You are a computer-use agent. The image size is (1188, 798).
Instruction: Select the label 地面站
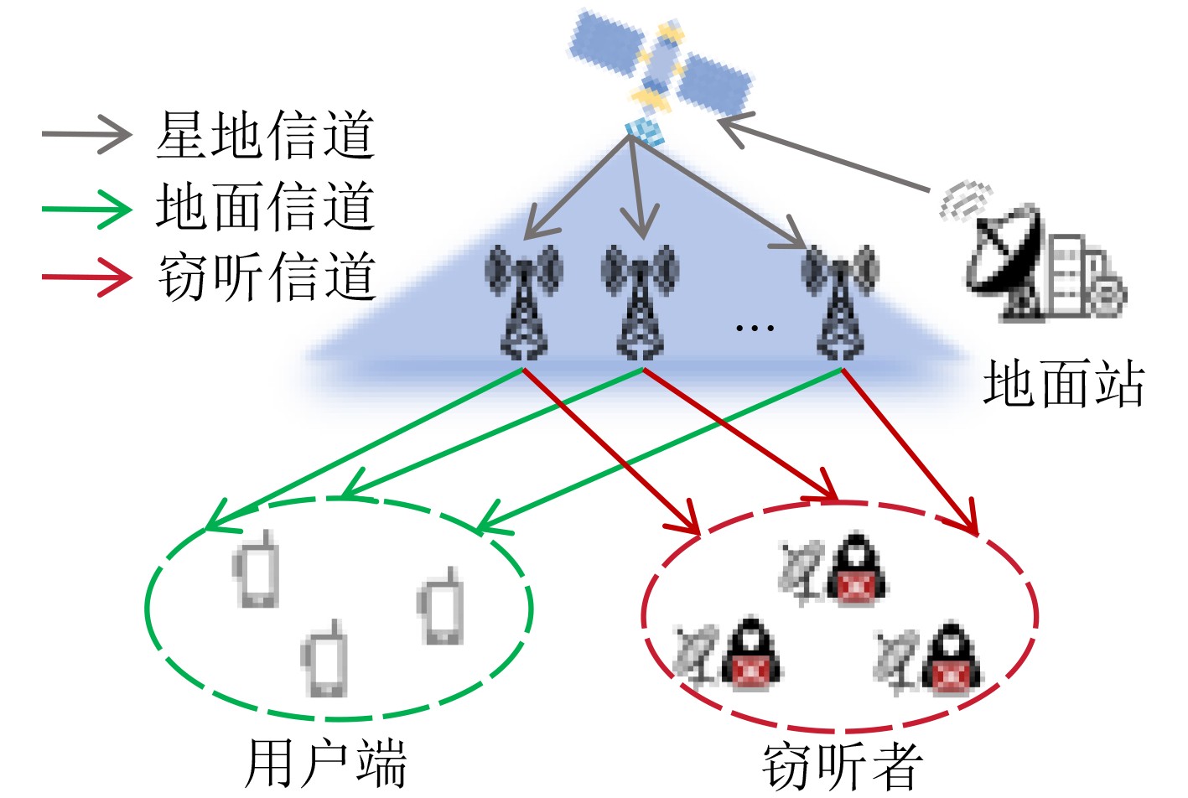tap(1063, 384)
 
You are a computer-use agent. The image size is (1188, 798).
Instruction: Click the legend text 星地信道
tap(265, 135)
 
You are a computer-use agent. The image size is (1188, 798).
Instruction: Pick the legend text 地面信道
tap(265, 206)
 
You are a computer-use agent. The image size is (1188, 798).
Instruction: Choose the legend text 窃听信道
tap(265, 277)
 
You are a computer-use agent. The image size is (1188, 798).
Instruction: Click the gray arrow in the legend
tap(87, 134)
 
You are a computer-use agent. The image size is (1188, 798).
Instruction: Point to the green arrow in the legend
tap(87, 206)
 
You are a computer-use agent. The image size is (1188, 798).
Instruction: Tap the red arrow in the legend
tap(87, 277)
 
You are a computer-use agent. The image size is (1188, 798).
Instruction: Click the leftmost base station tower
tap(523, 302)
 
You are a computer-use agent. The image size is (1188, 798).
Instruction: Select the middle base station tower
tap(641, 302)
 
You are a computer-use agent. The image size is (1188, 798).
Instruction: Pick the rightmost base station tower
tap(839, 302)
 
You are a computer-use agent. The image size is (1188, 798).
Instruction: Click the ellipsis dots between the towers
tap(754, 328)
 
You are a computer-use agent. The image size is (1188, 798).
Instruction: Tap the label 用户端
tap(325, 763)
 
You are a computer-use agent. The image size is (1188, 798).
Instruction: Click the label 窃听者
tap(842, 764)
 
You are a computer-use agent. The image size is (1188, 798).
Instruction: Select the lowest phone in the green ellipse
tap(324, 660)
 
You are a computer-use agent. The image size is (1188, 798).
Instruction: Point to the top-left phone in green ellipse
tap(257, 570)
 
